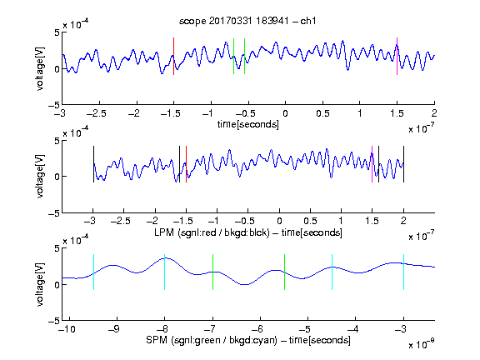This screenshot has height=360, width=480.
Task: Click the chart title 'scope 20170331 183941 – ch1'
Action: pos(247,21)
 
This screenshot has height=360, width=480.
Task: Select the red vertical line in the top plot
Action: pos(173,57)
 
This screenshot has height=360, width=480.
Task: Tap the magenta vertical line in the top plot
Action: pos(397,57)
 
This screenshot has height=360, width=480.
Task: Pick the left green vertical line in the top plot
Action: pos(233,57)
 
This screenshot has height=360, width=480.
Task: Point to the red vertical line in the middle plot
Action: pos(186,164)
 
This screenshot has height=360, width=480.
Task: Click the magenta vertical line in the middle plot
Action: pos(372,164)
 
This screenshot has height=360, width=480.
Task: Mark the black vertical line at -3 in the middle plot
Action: pos(93,164)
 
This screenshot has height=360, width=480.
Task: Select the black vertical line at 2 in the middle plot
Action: pos(403,164)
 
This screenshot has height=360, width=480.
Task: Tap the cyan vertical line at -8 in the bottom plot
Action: pos(164,272)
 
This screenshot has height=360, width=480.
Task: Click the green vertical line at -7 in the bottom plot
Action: pos(212,272)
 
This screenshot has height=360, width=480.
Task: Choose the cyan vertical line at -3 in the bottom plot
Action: pos(403,272)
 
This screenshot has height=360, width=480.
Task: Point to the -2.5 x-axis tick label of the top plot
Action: pos(97,113)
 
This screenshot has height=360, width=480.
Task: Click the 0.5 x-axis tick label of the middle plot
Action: pos(310,221)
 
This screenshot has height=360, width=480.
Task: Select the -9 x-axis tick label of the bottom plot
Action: pos(114,329)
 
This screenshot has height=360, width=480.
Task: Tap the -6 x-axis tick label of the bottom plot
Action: pos(257,329)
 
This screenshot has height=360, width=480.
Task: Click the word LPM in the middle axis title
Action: pos(164,232)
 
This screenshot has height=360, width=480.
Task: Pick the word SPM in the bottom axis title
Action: pos(157,340)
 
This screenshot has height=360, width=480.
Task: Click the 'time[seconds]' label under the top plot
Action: pos(248,124)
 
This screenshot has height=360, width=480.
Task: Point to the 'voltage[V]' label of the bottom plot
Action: pos(40,284)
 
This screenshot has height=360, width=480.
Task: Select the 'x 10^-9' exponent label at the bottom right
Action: pos(422,344)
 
